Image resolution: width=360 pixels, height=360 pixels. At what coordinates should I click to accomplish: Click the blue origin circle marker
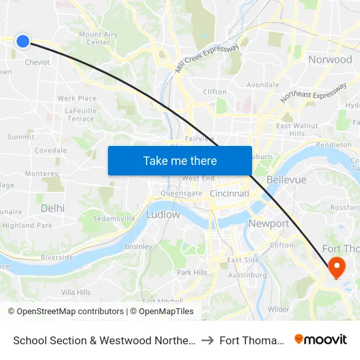point(23,41)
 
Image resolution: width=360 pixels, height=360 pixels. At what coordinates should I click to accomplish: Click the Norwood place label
point(330,60)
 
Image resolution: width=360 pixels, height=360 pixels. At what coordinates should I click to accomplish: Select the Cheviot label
point(37,63)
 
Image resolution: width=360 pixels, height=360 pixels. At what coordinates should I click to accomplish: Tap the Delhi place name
point(52,208)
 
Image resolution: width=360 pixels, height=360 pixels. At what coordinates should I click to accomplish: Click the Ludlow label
point(163,214)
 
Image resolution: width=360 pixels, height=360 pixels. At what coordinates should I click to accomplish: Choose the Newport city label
point(268,223)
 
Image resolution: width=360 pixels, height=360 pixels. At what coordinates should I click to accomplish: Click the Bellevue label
point(287,179)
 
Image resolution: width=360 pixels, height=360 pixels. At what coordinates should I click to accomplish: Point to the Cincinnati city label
point(230,194)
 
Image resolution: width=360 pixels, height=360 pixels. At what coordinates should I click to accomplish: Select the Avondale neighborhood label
point(262,84)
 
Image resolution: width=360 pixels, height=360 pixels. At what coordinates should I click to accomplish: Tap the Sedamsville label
point(114,218)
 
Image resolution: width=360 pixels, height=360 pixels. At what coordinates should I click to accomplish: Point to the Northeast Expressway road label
point(313,93)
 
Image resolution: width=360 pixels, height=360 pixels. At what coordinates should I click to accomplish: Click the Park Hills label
point(192,272)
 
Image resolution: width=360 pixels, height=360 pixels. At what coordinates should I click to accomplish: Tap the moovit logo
point(320,340)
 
